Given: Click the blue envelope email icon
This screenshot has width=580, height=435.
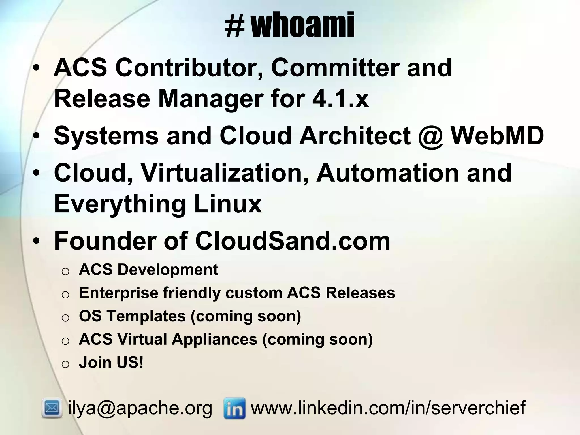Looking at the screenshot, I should [x=52, y=408].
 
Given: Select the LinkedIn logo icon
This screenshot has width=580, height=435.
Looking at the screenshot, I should [x=234, y=408].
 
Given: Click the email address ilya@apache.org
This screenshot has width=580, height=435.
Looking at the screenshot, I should [x=140, y=408].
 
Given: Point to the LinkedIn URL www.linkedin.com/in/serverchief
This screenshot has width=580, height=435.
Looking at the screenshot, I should [x=388, y=408].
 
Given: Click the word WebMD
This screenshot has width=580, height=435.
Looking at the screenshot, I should [x=497, y=135].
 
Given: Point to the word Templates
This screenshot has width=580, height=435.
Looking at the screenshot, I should [x=146, y=316].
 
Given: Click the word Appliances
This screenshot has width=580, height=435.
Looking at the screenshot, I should [x=214, y=339].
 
